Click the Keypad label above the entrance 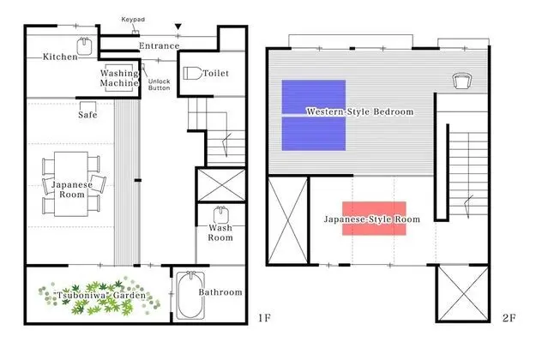(x=133, y=20)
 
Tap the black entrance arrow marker (x=178, y=27)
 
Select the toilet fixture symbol (x=192, y=73)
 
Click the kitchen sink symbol (x=84, y=46)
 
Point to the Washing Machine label (x=119, y=78)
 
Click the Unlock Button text (x=159, y=84)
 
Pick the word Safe (x=87, y=115)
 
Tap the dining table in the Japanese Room (x=71, y=184)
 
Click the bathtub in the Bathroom (x=190, y=295)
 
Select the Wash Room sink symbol (x=220, y=214)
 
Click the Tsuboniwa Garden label (x=100, y=295)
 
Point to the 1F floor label (x=264, y=318)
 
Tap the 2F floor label (x=509, y=318)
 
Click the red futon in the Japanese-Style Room (x=374, y=219)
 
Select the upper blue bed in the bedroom (x=314, y=97)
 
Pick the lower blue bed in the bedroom (x=314, y=134)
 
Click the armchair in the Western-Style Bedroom (x=462, y=81)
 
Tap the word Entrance (x=159, y=45)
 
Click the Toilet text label (x=216, y=73)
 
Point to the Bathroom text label (x=220, y=292)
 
